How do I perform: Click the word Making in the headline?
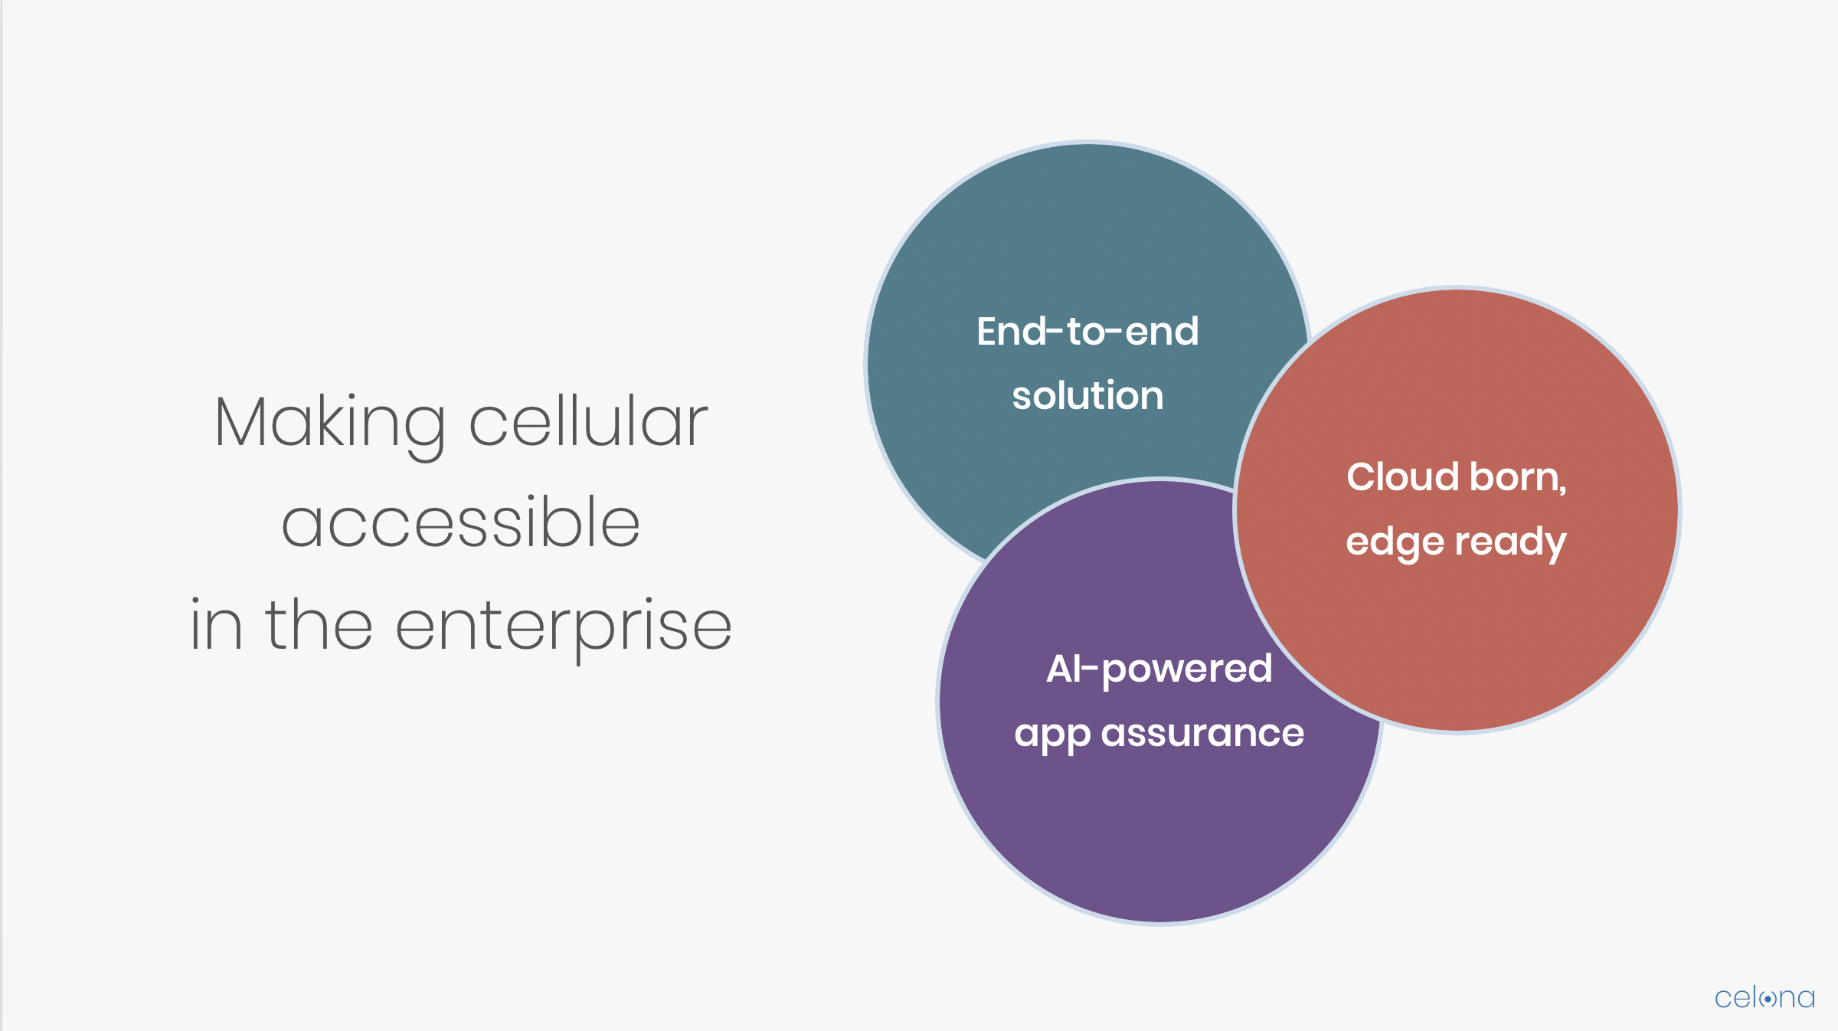[x=330, y=426]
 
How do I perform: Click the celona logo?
[x=1764, y=997]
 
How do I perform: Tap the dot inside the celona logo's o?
[x=1768, y=999]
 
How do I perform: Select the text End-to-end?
[x=1087, y=332]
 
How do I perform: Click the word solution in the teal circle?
[x=1087, y=395]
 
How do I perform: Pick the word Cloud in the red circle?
[x=1403, y=476]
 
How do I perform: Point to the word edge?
[x=1395, y=543]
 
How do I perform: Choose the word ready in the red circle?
[x=1510, y=543]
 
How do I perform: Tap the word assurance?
[x=1202, y=733]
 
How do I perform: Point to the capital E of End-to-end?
[x=989, y=332]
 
